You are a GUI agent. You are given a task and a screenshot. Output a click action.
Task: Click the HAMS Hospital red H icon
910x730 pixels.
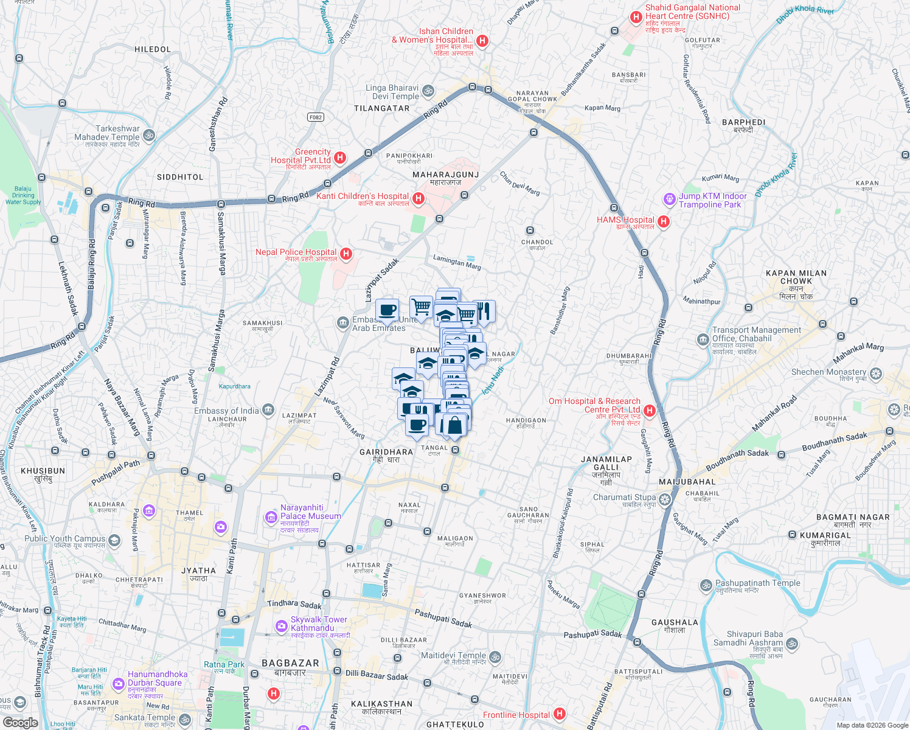pos(664,222)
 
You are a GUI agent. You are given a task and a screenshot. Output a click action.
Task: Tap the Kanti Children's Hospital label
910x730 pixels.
pos(363,196)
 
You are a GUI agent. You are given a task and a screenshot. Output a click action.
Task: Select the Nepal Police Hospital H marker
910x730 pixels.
pos(346,254)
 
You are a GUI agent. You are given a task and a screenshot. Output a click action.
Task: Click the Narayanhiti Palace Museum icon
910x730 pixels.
pos(271,517)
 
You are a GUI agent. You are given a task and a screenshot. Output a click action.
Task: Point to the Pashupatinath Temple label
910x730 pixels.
pos(757,583)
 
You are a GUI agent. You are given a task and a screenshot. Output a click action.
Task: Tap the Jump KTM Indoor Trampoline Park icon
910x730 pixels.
pos(669,199)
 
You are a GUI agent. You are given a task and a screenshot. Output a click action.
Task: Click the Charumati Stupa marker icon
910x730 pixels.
pos(665,499)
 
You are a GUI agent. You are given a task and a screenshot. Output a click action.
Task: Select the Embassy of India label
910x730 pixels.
pos(226,411)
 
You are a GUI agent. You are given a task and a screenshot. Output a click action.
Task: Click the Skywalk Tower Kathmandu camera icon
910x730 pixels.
pos(281,625)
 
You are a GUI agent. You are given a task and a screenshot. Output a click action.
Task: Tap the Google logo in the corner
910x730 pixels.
pos(20,723)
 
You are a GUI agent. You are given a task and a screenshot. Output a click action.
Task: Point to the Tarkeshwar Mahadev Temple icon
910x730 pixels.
pos(149,135)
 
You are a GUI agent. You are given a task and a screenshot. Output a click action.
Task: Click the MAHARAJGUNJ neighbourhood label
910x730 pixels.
pos(445,175)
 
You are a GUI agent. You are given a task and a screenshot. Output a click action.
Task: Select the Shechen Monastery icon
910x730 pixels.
pos(876,373)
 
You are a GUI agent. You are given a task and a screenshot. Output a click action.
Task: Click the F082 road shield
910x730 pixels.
pos(315,117)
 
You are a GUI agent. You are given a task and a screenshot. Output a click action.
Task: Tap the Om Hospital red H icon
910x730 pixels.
pos(649,411)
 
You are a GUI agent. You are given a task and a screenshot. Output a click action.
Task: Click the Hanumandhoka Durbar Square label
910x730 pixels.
pos(155,678)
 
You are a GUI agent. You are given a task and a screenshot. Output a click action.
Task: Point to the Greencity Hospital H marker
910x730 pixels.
pos(340,158)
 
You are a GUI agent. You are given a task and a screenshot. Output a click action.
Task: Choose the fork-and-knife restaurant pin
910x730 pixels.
pos(485,311)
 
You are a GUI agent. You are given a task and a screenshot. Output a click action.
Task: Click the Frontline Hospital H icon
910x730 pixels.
pos(560,714)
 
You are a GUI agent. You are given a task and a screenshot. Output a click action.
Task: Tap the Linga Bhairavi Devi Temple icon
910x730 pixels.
pos(428,91)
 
